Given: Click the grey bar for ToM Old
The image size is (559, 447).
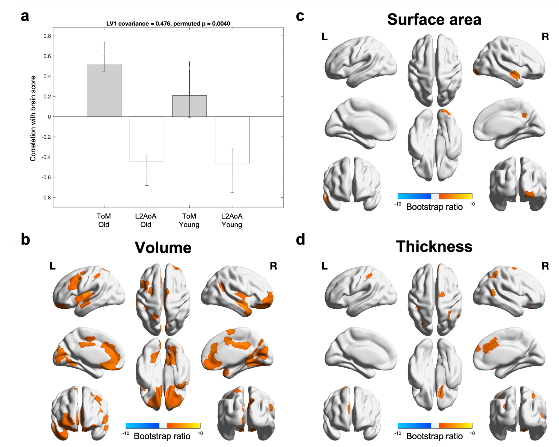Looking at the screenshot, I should (x=104, y=90).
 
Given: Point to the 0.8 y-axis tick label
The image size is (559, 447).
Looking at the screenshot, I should (x=47, y=36).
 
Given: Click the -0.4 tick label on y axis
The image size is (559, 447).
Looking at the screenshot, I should (x=46, y=157).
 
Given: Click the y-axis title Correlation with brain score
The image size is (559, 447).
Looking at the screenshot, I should (x=33, y=118).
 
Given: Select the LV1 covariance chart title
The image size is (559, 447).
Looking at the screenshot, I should (x=168, y=24).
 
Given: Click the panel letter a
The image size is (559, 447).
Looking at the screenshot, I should (x=25, y=16).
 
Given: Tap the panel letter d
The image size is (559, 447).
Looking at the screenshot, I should (x=300, y=239).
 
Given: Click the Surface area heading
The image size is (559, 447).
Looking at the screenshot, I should (x=434, y=20).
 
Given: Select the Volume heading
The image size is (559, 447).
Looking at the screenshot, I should (x=163, y=248).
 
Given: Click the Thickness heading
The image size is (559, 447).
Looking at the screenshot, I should (x=434, y=247).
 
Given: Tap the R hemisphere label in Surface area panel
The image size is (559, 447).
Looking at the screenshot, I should (x=545, y=37).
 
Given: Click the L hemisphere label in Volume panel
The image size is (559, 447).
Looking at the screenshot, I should (x=52, y=266).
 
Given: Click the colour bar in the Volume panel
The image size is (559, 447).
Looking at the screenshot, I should (x=163, y=425).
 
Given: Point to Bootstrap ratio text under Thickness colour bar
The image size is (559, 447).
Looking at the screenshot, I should (x=434, y=436).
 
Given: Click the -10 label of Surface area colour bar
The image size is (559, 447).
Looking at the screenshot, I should (x=398, y=204).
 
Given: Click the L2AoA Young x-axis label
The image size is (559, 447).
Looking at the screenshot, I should (x=232, y=220).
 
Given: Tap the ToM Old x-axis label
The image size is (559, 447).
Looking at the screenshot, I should (x=104, y=220).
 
